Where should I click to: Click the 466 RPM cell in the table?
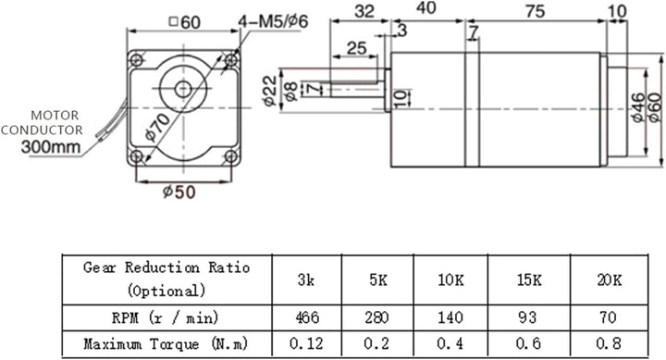307,317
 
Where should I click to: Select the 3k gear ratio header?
307,279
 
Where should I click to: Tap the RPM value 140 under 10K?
450,317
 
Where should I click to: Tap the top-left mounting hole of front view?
138,60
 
